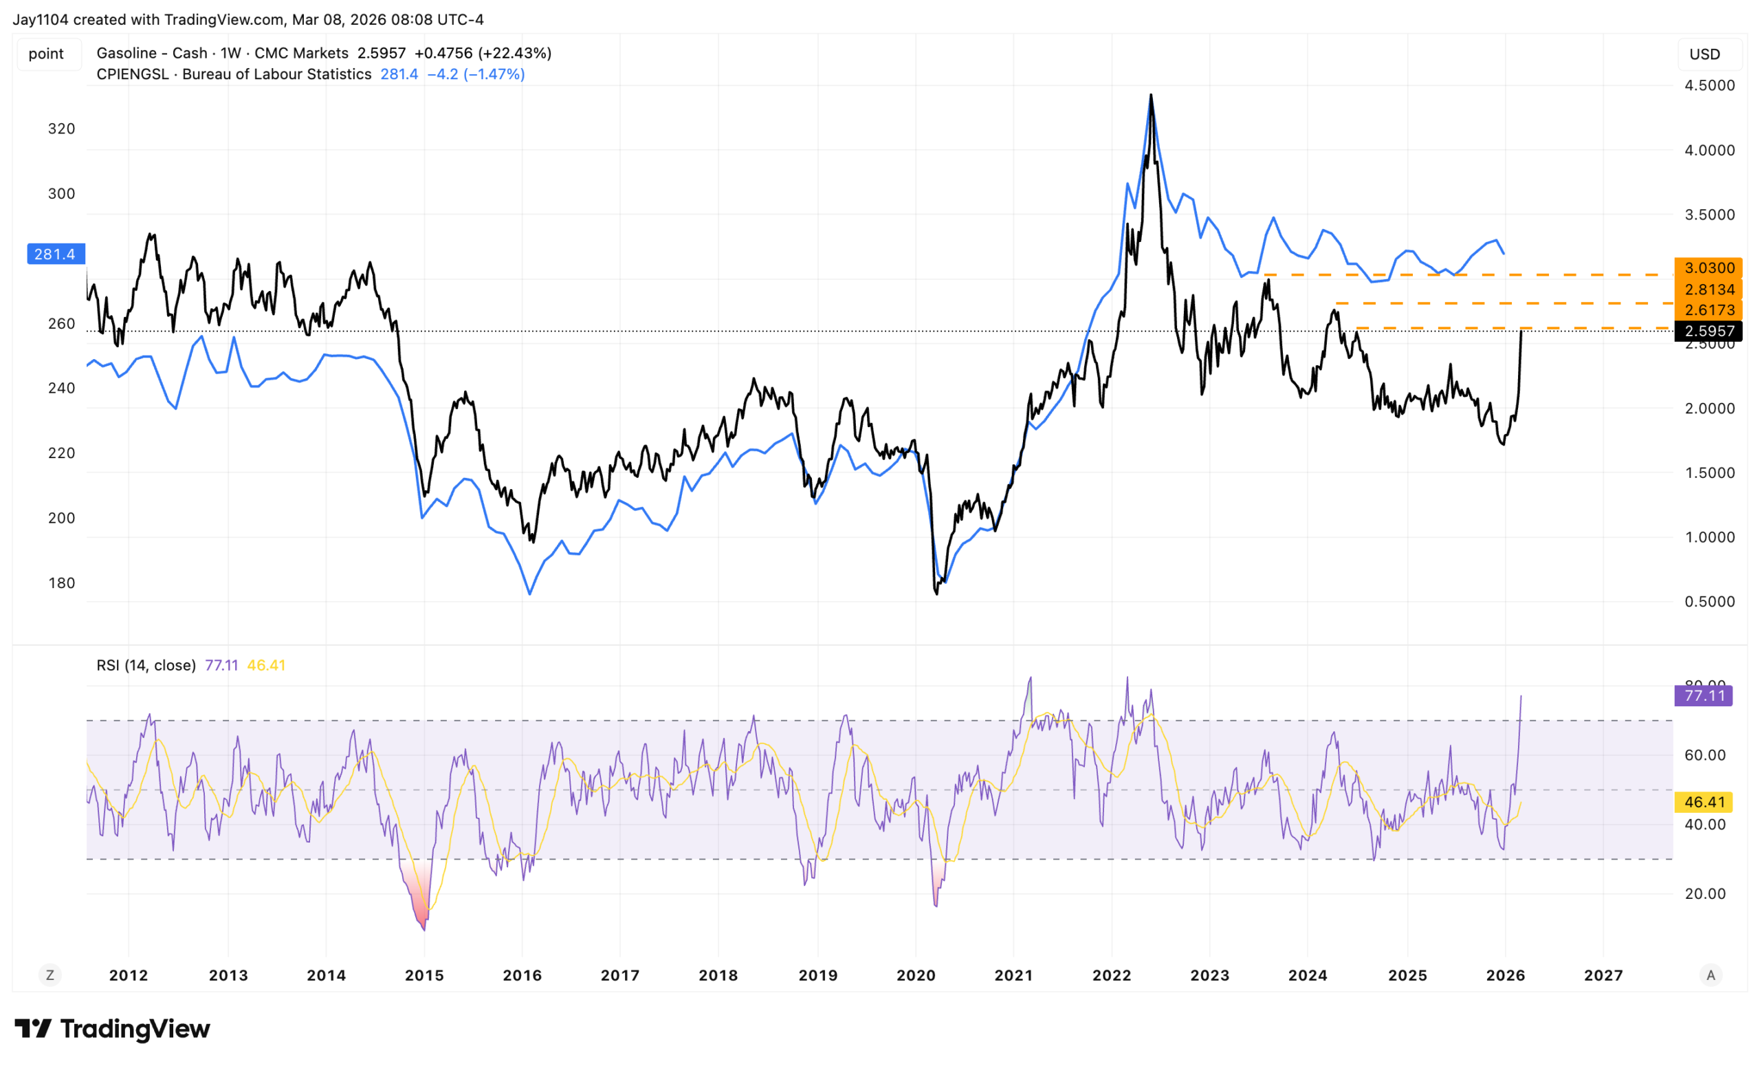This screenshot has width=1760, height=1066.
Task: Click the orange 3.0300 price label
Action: point(1708,268)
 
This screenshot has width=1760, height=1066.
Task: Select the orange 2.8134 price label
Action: point(1708,290)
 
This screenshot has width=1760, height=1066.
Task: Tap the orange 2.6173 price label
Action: point(1708,310)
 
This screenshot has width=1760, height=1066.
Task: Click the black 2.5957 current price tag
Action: point(1708,331)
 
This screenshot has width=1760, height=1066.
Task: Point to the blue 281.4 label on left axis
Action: point(55,254)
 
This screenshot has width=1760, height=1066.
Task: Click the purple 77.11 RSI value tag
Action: point(1704,696)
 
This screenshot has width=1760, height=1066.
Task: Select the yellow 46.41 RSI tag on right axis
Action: point(1704,803)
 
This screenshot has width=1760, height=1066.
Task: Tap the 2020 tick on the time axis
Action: point(916,975)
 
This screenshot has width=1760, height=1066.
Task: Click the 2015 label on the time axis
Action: point(424,975)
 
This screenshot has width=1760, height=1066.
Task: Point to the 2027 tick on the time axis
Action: point(1603,975)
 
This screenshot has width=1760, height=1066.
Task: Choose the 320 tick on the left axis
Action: point(61,129)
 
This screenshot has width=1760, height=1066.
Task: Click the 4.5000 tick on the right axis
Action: point(1709,85)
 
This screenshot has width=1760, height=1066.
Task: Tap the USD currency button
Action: point(1704,54)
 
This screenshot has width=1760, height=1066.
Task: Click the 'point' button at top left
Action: point(45,54)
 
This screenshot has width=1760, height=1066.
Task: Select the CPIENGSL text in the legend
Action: point(132,74)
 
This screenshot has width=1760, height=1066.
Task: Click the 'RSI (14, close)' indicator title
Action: point(146,665)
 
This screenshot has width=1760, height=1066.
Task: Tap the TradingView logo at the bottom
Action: point(112,1029)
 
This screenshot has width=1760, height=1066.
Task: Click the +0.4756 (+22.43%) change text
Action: point(483,53)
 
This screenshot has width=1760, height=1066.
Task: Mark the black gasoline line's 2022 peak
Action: point(1151,95)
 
